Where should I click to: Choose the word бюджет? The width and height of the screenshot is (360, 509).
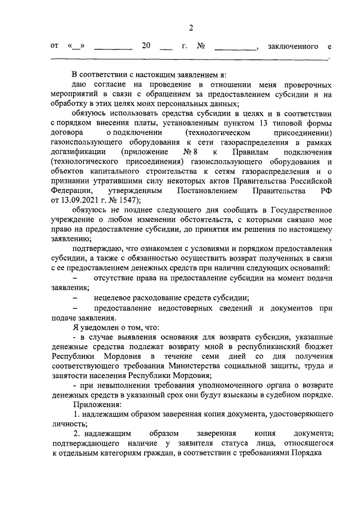(x=319, y=346)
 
